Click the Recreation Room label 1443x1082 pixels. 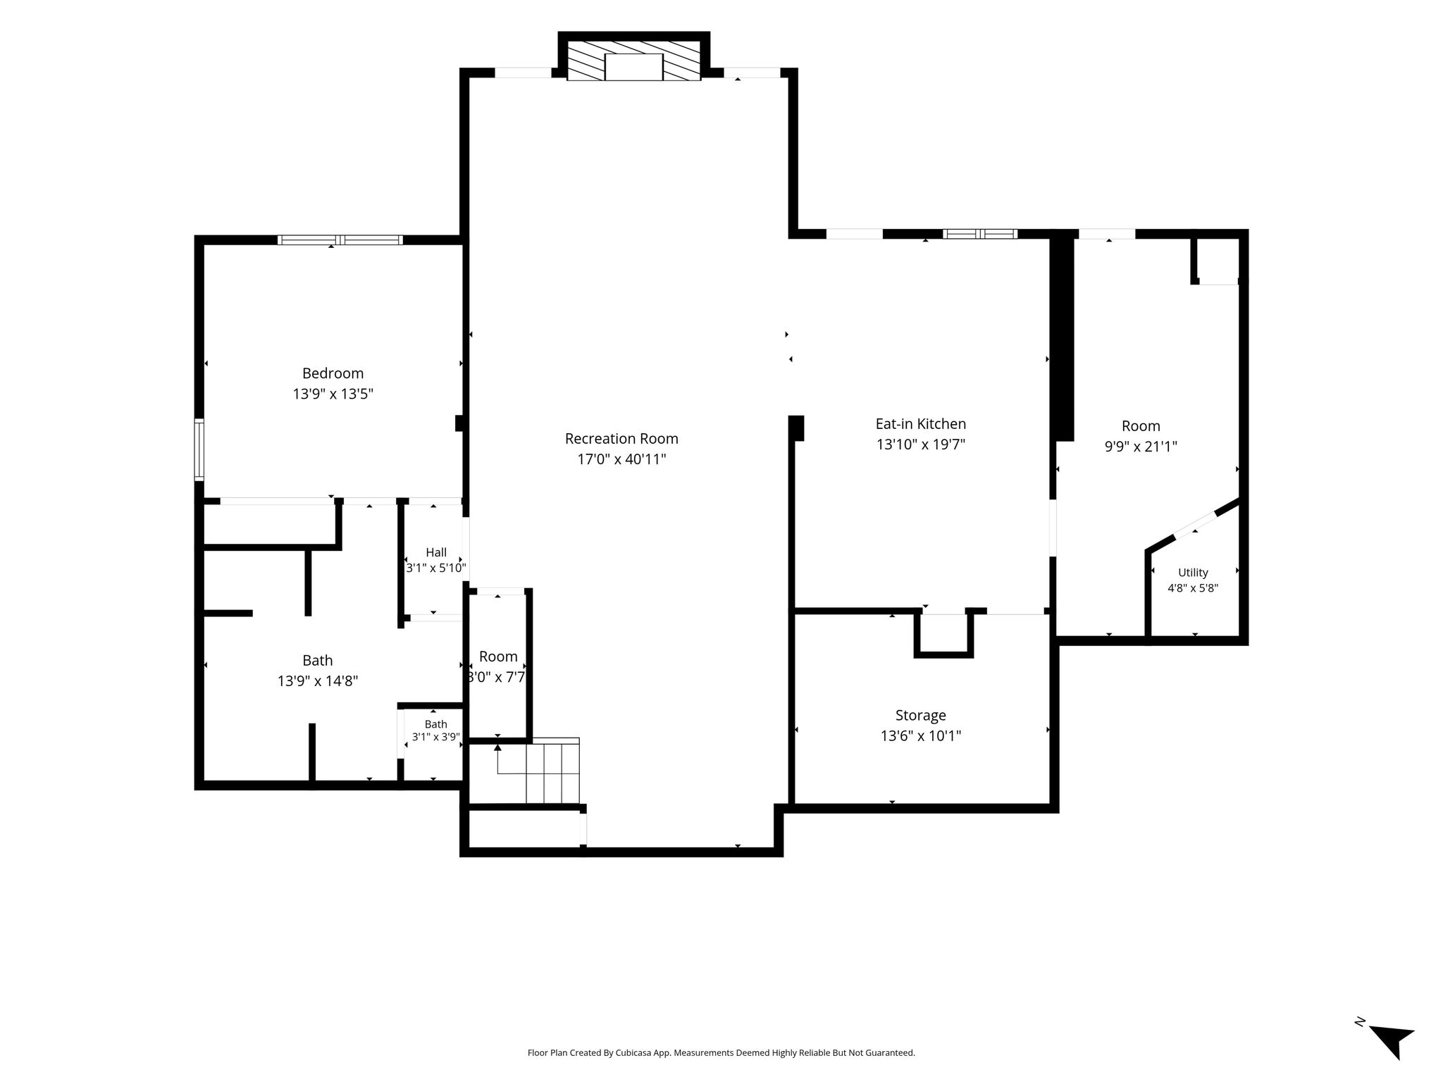(x=621, y=439)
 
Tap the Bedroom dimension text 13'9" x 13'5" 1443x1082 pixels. (x=333, y=394)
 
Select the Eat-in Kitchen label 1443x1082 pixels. (x=920, y=424)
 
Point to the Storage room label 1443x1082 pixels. (x=920, y=716)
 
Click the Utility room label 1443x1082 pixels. (x=1193, y=573)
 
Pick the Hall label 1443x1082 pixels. (x=436, y=553)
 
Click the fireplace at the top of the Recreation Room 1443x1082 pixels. (x=634, y=61)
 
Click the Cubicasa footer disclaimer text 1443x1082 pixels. (x=721, y=1053)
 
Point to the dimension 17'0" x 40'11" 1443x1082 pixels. (x=621, y=459)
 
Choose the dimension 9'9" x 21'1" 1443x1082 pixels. (x=1141, y=447)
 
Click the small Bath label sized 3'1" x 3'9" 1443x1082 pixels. (x=436, y=724)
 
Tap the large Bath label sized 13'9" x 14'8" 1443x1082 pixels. (x=318, y=661)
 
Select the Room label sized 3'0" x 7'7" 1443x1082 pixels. (x=498, y=657)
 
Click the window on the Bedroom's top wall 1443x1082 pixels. (x=340, y=240)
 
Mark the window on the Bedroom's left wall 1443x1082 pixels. (x=199, y=449)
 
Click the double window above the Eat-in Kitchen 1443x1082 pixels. (x=980, y=234)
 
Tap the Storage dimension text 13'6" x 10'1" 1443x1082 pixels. (x=921, y=736)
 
